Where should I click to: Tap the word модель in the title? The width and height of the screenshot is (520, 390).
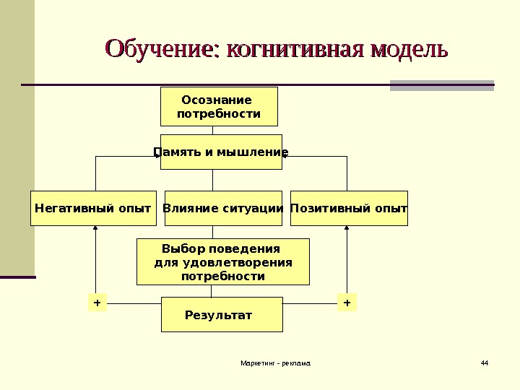409,51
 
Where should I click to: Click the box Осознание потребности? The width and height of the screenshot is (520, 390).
218,107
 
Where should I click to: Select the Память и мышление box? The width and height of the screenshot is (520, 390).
221,152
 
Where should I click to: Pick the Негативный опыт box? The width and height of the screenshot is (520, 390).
94,209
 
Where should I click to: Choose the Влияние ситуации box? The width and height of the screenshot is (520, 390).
223,209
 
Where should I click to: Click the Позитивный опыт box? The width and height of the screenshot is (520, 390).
349,209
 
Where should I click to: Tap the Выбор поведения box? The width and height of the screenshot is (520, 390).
223,262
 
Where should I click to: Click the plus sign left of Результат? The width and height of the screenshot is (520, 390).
97,303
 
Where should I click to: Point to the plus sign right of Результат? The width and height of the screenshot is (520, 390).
347,303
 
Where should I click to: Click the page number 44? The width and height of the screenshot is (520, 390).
484,362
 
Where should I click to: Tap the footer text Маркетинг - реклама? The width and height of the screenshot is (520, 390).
275,362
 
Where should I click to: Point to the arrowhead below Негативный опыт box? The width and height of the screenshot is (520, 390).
96,229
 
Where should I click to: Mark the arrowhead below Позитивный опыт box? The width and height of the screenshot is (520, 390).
347,229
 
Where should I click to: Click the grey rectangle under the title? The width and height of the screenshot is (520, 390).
441,85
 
